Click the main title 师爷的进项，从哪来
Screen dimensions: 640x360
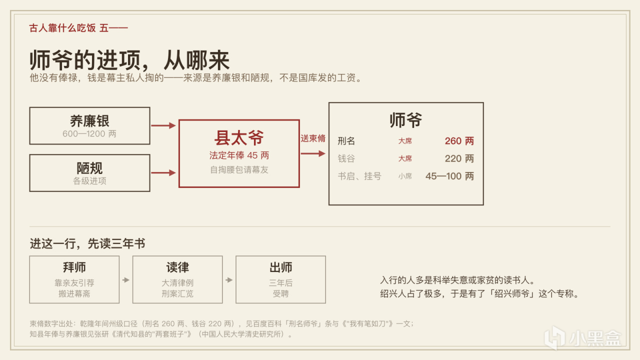tap(129, 60)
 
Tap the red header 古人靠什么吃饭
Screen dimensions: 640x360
tap(62, 28)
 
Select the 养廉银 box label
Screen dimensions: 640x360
tap(89, 121)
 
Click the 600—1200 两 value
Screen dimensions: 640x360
tap(89, 133)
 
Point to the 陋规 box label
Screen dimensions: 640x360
tap(89, 168)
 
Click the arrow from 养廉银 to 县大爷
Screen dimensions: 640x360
tap(163, 125)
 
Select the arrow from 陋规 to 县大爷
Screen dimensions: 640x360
tap(163, 172)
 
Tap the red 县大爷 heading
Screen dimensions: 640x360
tap(239, 138)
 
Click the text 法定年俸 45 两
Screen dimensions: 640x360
tap(239, 155)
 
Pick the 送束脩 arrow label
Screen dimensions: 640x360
tap(313, 138)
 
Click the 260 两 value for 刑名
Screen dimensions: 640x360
tap(459, 141)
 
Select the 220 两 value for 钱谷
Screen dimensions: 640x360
tap(459, 158)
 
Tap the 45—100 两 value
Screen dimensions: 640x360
tap(449, 176)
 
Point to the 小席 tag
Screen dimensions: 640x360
tap(405, 176)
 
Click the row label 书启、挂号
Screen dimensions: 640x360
tap(359, 176)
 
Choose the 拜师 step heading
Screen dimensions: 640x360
tap(74, 267)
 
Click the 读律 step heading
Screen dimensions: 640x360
tap(177, 267)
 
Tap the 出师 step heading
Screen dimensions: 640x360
tap(280, 267)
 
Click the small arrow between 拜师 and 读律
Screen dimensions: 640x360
tap(126, 280)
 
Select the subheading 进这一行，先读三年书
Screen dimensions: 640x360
tap(87, 243)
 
